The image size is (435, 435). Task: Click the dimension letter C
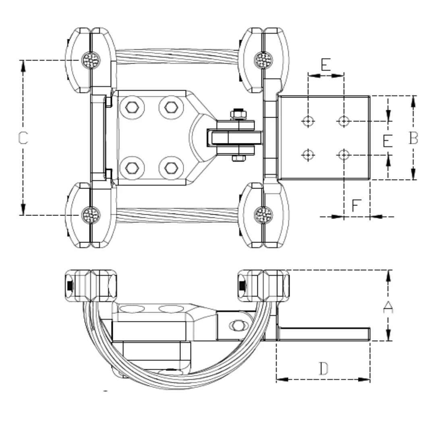[23, 138]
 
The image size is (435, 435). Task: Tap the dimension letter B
[413, 138]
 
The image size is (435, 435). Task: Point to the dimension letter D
[323, 369]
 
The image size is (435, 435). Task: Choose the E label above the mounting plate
[325, 64]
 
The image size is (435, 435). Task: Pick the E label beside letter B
[387, 141]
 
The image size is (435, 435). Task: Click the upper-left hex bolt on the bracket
[132, 108]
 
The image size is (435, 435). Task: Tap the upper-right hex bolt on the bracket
[171, 108]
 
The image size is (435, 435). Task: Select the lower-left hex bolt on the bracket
[132, 168]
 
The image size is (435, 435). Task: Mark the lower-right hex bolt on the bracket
[171, 168]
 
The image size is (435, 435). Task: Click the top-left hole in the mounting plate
[309, 120]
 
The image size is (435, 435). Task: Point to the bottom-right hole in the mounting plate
[344, 154]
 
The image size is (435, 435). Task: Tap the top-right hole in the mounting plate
[344, 120]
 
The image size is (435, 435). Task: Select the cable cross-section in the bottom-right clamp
[263, 215]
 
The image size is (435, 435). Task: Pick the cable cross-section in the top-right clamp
[263, 60]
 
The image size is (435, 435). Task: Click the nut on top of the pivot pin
[238, 114]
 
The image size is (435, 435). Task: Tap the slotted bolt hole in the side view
[238, 325]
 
